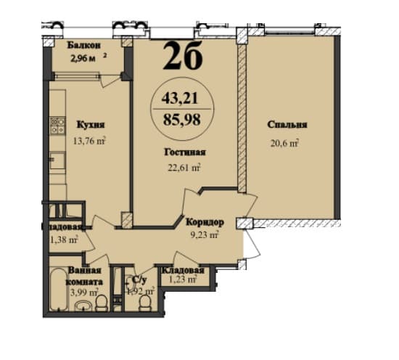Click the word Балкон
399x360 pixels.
click(x=84, y=45)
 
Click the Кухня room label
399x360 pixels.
click(x=90, y=125)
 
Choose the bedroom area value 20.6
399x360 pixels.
click(x=285, y=142)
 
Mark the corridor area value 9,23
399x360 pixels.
click(x=204, y=234)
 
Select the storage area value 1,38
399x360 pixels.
click(x=64, y=240)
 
